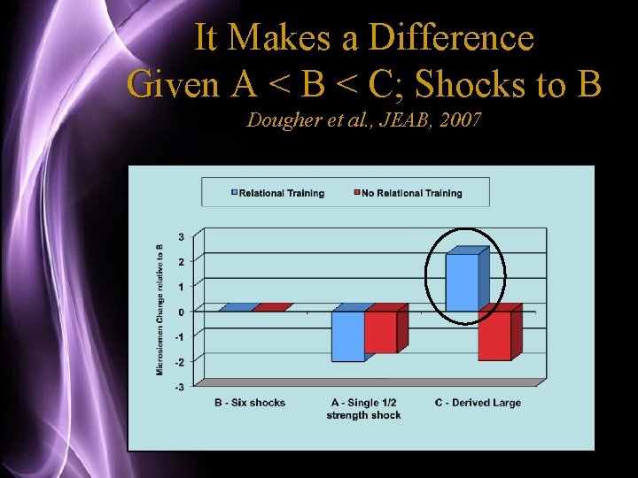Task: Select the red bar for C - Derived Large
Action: (x=494, y=335)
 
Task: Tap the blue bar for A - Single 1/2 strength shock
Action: (x=348, y=335)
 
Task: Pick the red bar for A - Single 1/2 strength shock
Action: (x=381, y=332)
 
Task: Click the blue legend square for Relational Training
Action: (x=234, y=192)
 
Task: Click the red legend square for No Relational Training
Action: (x=357, y=192)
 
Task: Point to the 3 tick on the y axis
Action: (x=182, y=236)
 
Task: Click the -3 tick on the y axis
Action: (x=180, y=387)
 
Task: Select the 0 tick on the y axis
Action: (x=182, y=312)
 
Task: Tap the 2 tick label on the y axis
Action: (x=182, y=261)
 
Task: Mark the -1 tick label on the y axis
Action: (x=180, y=336)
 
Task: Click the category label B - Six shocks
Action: (x=250, y=403)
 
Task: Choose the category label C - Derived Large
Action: (x=478, y=403)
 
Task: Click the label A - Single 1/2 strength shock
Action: (x=363, y=409)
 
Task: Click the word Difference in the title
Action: (x=451, y=38)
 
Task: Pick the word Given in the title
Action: (x=173, y=84)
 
